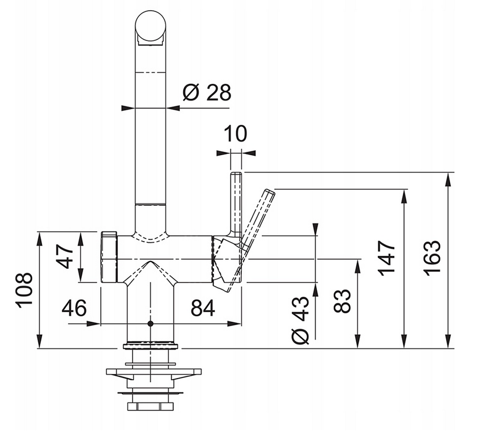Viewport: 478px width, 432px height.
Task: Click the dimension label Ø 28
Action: (x=207, y=92)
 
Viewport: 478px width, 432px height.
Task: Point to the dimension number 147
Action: (x=387, y=259)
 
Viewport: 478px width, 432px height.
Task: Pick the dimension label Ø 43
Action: (x=302, y=320)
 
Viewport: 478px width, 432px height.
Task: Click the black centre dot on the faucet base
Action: (x=150, y=323)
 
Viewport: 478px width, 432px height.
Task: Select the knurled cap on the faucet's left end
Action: (x=109, y=257)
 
